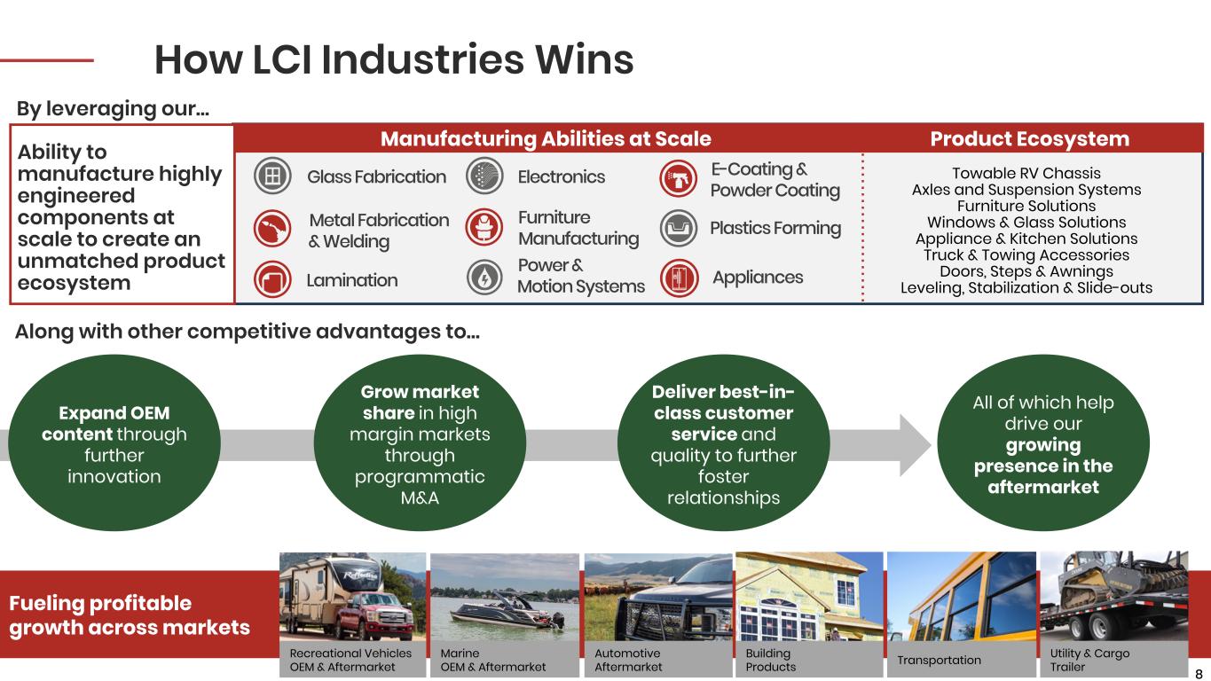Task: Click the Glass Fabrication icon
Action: pos(272,176)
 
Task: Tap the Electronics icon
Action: pos(484,176)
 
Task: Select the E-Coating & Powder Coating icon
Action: pos(679,177)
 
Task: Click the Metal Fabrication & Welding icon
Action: pos(272,229)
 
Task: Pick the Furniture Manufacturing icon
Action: pos(484,228)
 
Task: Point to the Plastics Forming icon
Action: pos(679,228)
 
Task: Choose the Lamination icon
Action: pos(272,280)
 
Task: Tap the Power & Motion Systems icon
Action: pos(484,278)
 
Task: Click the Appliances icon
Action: pos(679,278)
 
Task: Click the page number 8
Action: pos(1199,672)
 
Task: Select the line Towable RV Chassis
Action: pos(1026,173)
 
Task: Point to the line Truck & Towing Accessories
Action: pos(1026,255)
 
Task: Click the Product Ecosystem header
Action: pos(1029,139)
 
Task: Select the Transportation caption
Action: pos(939,660)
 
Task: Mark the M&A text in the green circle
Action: pos(420,497)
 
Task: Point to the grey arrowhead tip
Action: pos(926,444)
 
